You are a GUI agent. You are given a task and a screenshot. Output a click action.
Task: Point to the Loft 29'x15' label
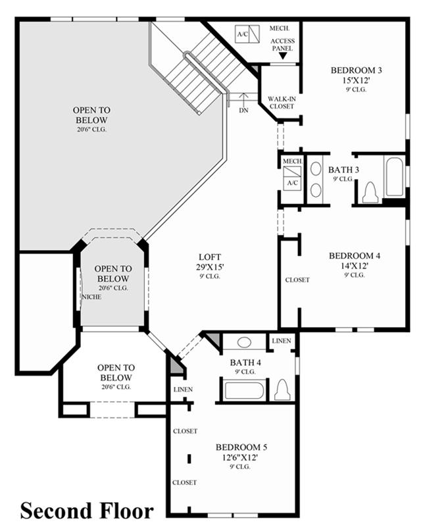coord(210,262)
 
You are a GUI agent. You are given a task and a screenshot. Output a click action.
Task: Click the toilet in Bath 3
coord(370,193)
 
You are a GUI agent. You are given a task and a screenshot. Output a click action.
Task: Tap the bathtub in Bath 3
coord(395,177)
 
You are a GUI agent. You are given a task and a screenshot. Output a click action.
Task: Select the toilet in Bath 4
coord(282,390)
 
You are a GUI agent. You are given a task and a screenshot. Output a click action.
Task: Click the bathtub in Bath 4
coord(244,390)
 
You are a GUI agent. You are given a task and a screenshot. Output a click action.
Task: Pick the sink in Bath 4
coord(244,342)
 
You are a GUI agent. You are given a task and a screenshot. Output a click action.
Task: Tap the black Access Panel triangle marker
coord(283,56)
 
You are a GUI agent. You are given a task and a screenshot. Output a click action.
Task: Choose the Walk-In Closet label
coord(282,103)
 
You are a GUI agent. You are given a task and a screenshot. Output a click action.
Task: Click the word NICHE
coord(91,297)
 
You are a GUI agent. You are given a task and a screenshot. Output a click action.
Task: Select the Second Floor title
coord(87,511)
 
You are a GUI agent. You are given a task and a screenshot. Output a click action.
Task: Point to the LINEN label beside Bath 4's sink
coord(282,341)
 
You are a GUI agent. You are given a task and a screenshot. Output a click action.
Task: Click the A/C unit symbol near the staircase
coord(247,34)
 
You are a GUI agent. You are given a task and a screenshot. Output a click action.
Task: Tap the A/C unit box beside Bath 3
coord(292,178)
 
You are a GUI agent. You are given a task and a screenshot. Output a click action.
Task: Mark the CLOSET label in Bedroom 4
coord(297,280)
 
